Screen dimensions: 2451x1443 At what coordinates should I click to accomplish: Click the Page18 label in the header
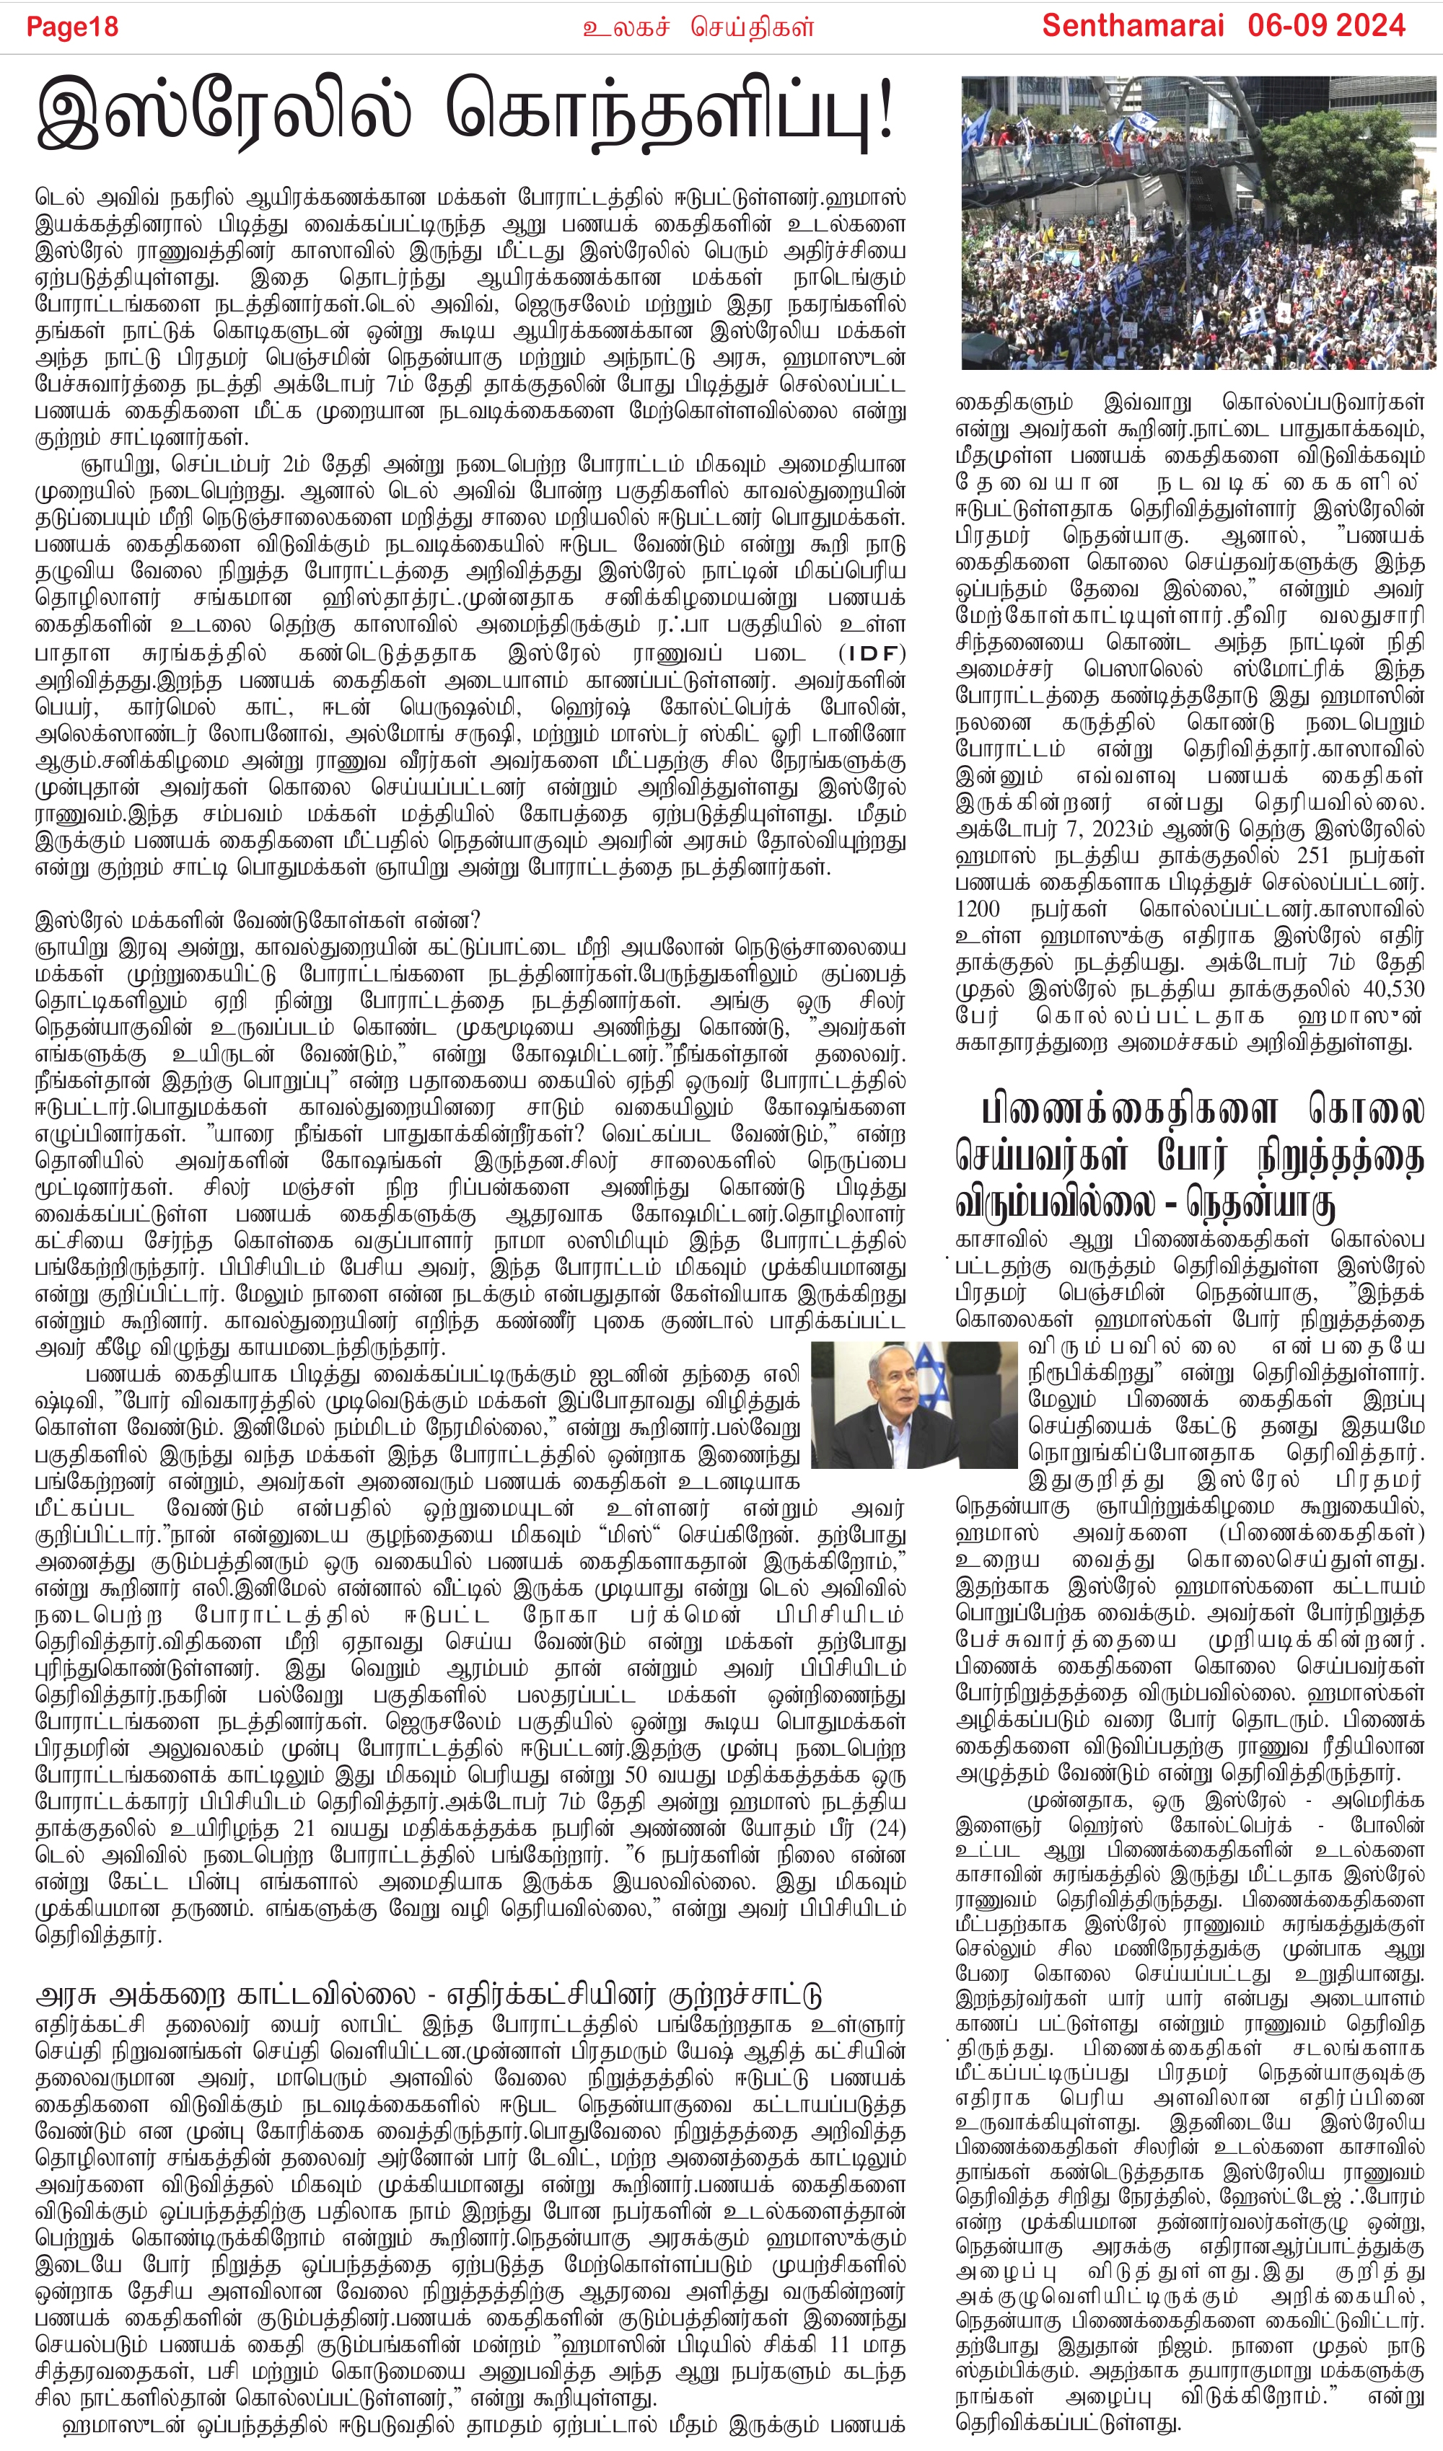click(x=72, y=26)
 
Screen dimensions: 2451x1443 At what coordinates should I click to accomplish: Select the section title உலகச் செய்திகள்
click(x=698, y=27)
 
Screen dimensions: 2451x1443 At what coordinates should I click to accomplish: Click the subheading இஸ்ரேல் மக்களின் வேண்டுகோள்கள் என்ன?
click(x=258, y=920)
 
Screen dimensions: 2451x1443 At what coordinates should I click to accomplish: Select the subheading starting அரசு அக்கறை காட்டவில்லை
click(x=428, y=1996)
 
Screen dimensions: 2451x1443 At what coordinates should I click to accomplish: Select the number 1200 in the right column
click(x=978, y=909)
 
